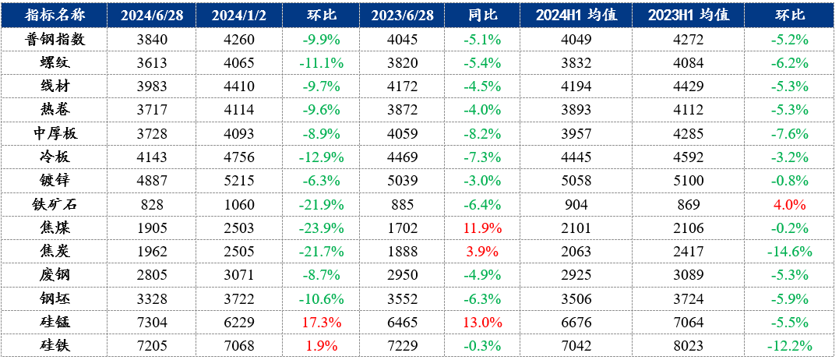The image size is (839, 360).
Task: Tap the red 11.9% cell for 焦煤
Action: tap(482, 229)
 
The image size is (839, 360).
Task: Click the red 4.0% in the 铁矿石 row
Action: tap(789, 205)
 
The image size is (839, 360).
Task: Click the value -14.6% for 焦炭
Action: tap(789, 252)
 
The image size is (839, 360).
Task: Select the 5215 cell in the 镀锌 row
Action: tap(233, 182)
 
